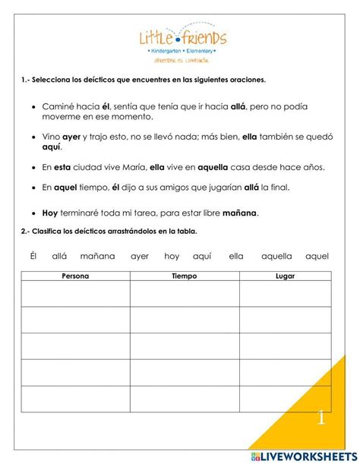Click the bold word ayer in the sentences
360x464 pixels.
tap(71, 138)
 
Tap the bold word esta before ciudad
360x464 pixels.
tap(62, 167)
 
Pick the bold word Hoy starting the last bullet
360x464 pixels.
tap(50, 213)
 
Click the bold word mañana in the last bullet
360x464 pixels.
tap(238, 213)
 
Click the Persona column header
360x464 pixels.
tap(75, 276)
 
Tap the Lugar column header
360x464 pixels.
tap(285, 276)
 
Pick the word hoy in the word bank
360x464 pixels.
tap(172, 256)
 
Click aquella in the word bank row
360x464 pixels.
tap(276, 256)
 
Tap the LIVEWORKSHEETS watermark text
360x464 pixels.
tap(311, 454)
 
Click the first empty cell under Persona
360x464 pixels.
tap(75, 293)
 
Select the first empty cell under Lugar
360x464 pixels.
tap(285, 293)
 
